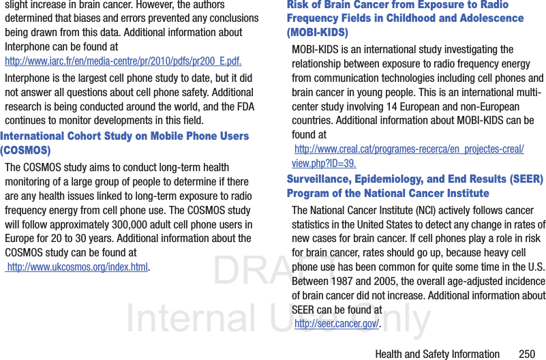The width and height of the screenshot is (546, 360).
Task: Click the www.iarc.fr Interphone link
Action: (x=123, y=61)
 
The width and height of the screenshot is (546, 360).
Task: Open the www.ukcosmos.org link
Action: (x=78, y=267)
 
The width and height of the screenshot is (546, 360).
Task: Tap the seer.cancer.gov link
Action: (x=336, y=323)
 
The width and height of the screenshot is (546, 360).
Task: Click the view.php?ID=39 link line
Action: (x=324, y=164)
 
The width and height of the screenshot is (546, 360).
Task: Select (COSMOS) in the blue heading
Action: (x=25, y=150)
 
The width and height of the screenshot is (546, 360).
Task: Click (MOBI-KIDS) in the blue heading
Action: (x=317, y=33)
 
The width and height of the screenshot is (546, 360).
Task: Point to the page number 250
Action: (x=526, y=353)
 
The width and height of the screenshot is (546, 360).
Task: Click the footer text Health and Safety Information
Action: (x=437, y=353)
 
